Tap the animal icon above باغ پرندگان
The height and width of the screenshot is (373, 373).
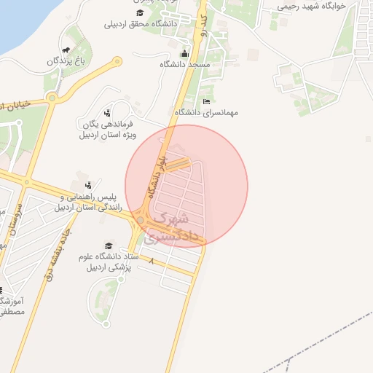66,50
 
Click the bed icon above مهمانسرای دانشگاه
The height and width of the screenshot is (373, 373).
206,101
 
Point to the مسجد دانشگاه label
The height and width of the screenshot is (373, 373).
185,65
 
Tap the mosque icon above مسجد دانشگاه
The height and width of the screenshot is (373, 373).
185,53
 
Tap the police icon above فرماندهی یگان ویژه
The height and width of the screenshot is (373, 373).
107,113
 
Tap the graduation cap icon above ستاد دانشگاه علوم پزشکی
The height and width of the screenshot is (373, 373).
109,246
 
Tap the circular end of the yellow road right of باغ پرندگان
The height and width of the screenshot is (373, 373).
115,63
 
